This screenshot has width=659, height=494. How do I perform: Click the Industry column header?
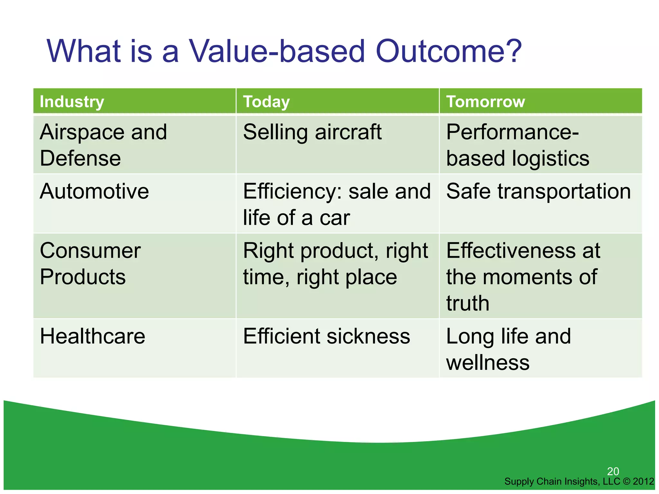point(72,102)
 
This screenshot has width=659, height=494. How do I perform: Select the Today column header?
point(266,102)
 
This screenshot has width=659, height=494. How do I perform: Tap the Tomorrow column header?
point(485,102)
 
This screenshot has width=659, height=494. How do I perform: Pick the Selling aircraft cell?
point(312,132)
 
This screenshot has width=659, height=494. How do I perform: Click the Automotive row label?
point(94,191)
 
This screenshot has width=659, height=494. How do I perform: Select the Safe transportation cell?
point(538,191)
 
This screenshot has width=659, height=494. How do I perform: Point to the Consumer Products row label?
point(90,264)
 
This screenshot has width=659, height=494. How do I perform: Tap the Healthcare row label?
point(92,336)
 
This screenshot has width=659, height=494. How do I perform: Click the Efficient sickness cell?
point(326,336)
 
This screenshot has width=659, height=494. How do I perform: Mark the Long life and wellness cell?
point(508,349)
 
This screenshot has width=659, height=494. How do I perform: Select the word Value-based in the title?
point(277,51)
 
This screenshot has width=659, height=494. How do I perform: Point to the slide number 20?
point(613,471)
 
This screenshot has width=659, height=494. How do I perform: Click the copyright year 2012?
point(643,481)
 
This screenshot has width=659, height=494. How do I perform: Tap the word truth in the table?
point(468,303)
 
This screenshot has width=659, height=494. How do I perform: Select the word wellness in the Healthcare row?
point(487,363)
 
